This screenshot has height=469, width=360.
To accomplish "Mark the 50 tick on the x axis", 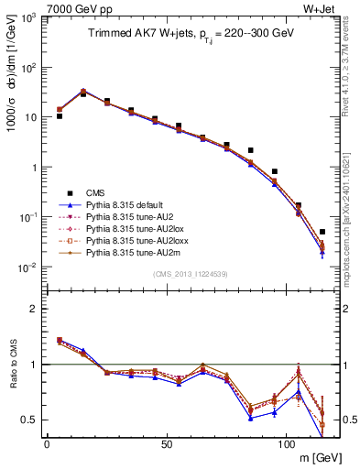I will click(167, 443).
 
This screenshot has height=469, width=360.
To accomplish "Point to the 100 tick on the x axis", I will click(287, 443).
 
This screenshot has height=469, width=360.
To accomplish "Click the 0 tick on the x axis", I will click(47, 443).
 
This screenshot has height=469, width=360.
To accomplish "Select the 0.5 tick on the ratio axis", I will click(30, 420).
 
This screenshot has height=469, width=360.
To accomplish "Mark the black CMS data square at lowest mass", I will click(59, 116).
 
